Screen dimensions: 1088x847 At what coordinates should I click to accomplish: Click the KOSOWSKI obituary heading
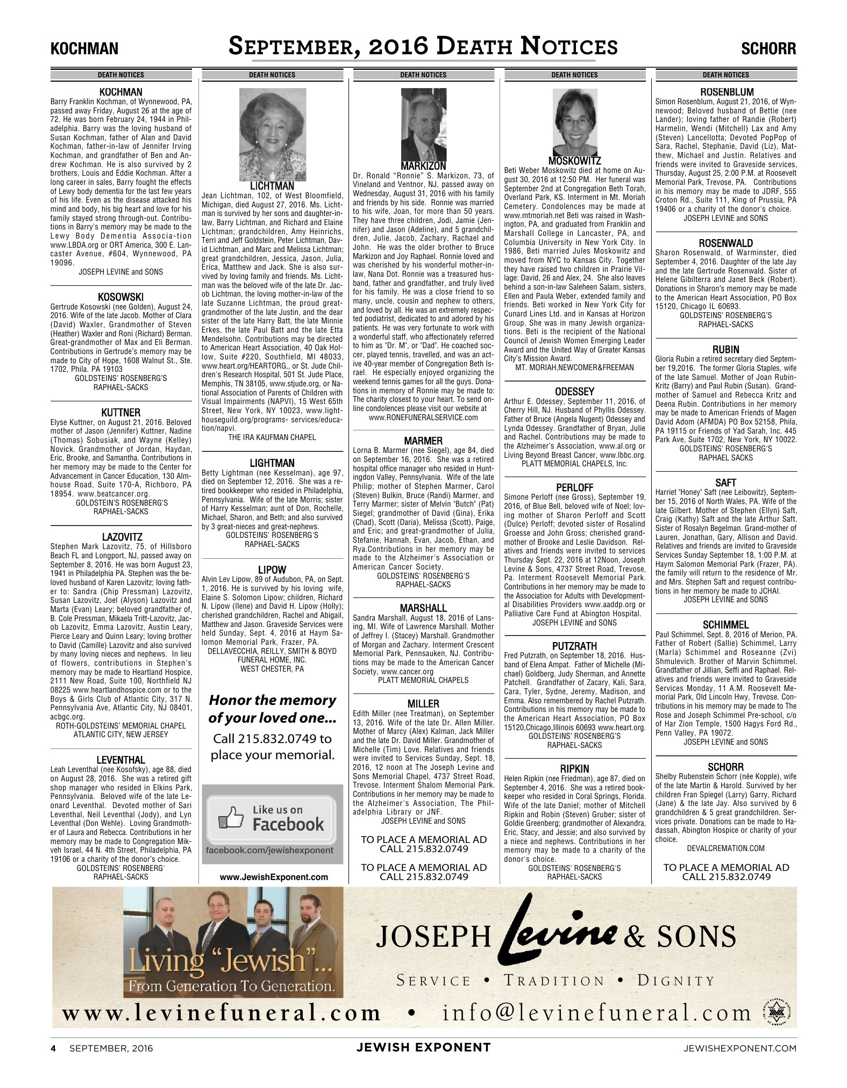120,297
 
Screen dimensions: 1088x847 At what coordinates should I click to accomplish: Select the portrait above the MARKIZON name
423,125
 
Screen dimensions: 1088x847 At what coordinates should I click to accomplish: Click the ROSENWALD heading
725,243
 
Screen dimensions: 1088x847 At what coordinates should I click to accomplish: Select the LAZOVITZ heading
120,537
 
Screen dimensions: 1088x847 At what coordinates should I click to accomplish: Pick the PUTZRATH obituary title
574,645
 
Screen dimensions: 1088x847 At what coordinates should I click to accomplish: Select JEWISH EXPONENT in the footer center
423,1047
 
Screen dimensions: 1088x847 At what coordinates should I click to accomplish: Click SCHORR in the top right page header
768,49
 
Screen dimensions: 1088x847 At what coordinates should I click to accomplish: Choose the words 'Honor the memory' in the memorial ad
272,700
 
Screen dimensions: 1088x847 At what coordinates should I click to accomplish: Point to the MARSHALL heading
423,608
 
